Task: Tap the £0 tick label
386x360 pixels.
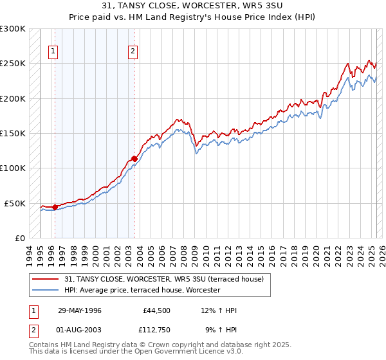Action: [x=21, y=238]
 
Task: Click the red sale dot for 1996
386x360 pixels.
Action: [x=55, y=207]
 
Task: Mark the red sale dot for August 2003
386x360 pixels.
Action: [x=134, y=159]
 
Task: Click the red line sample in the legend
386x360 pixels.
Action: [x=44, y=278]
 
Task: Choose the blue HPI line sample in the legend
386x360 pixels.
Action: [x=44, y=291]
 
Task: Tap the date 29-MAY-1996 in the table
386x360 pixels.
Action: [x=80, y=311]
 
